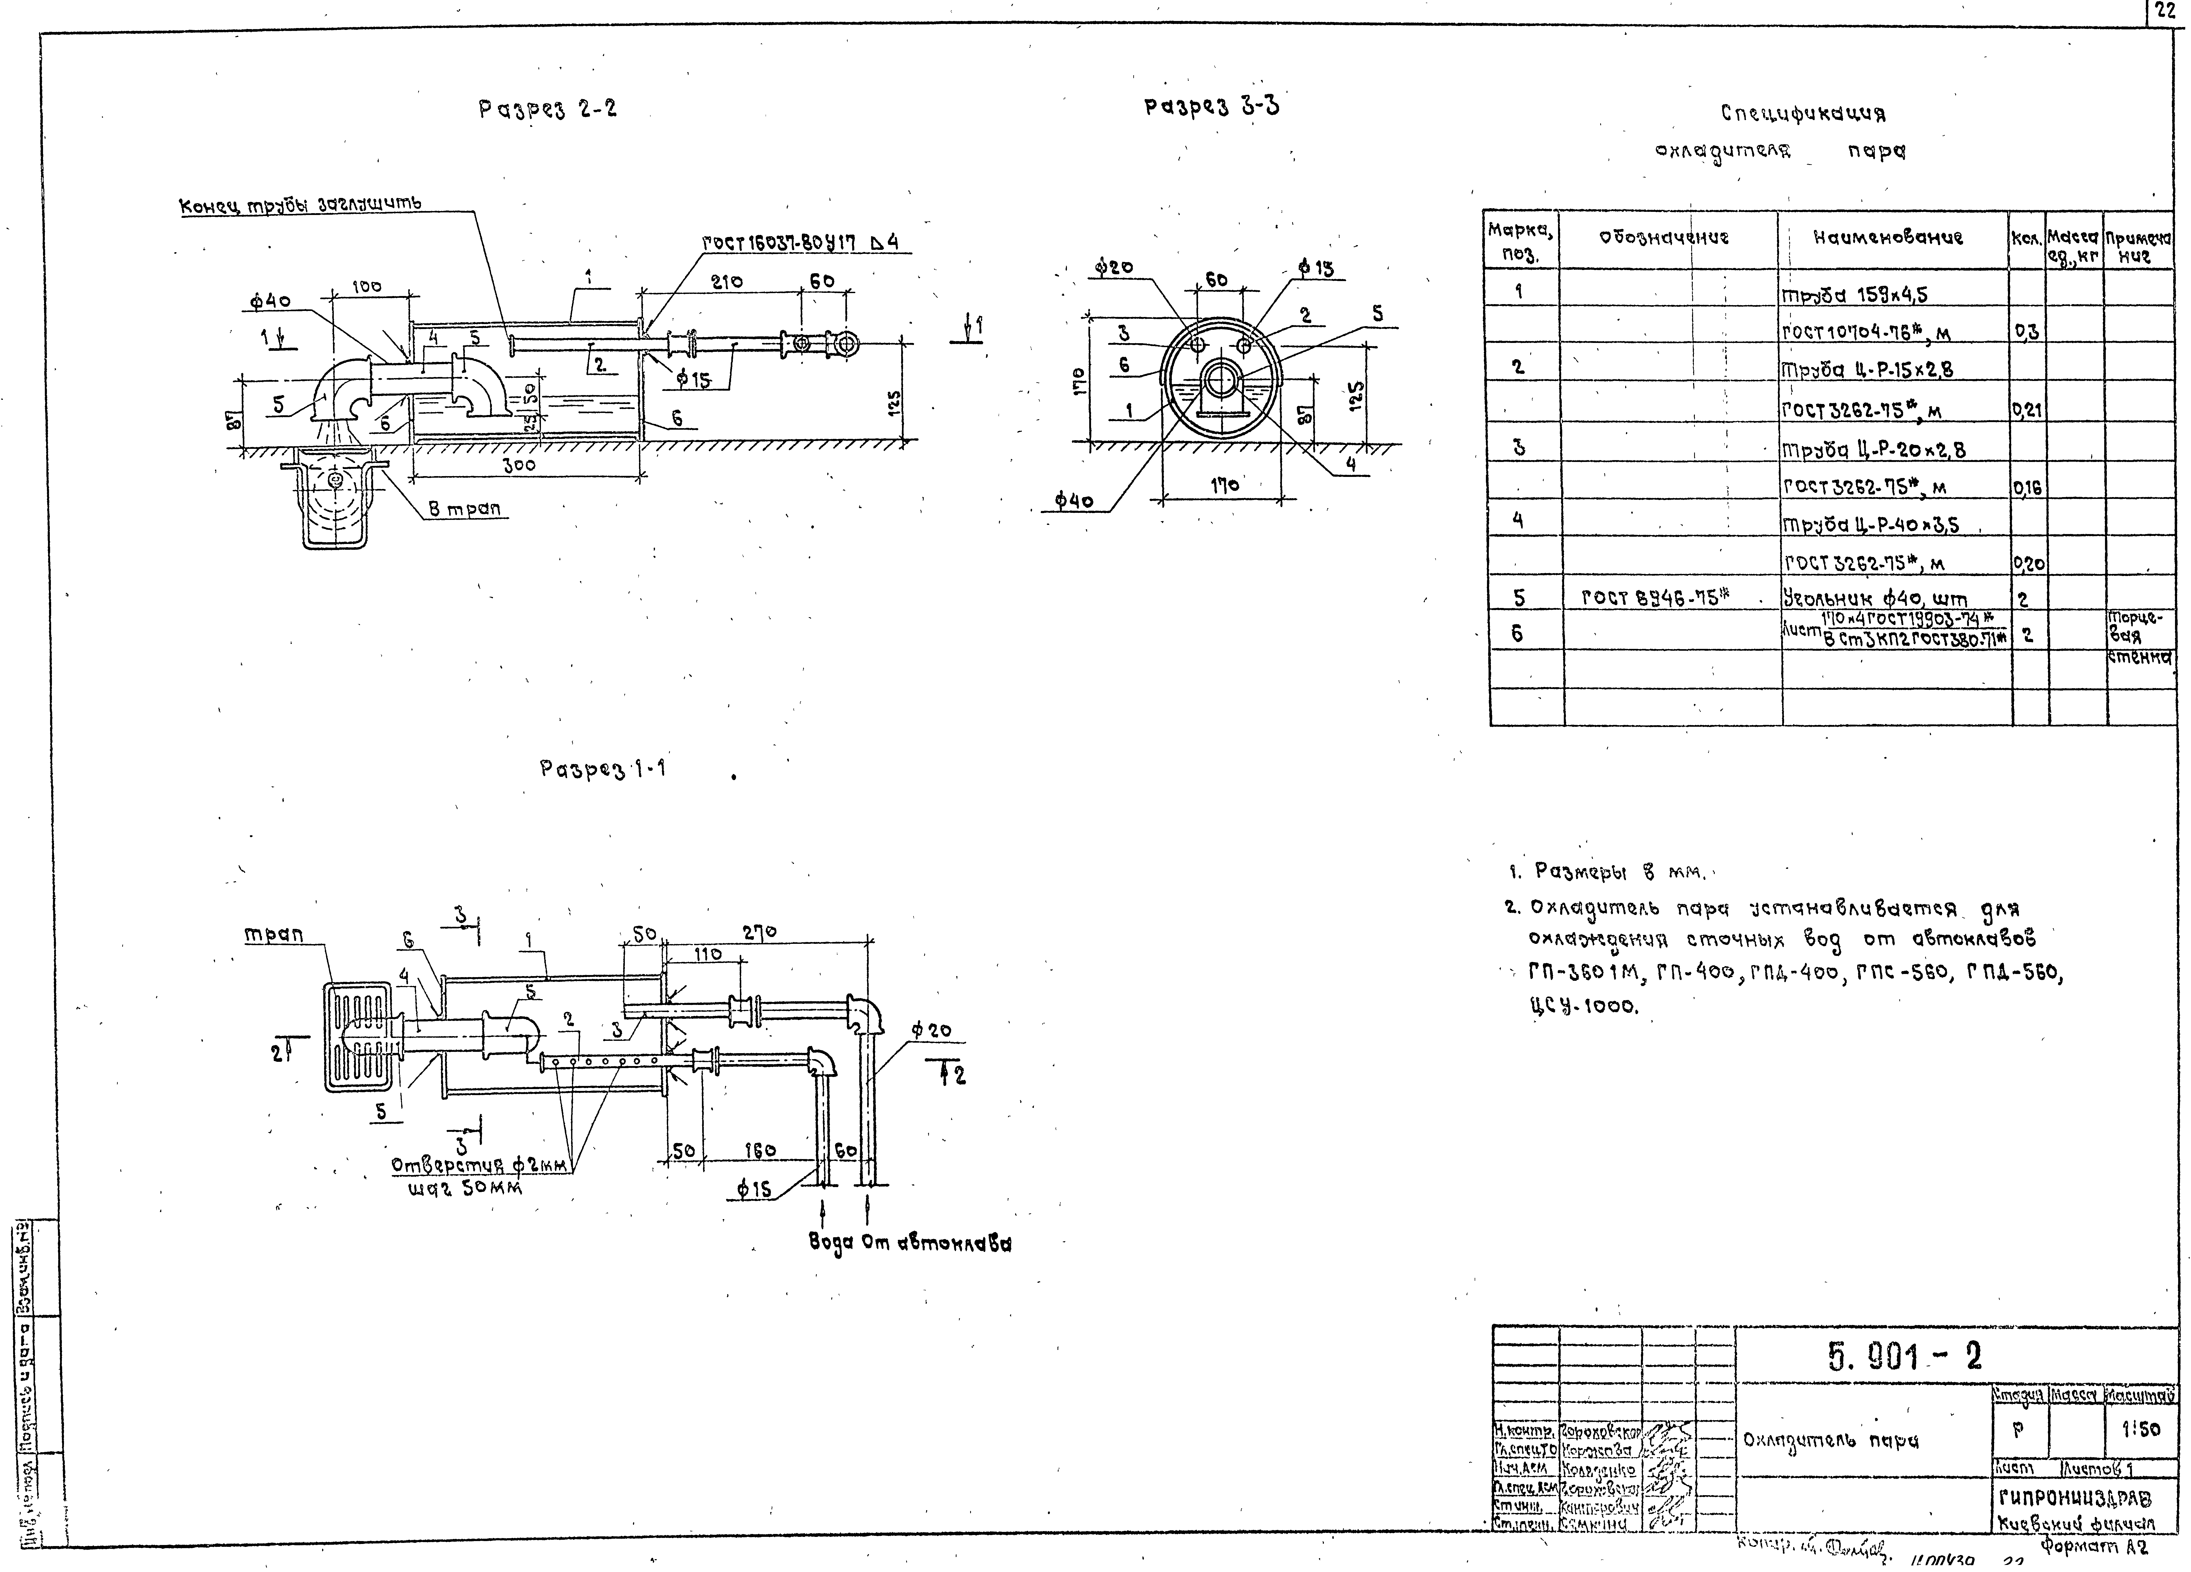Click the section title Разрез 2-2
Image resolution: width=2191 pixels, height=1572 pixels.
548,109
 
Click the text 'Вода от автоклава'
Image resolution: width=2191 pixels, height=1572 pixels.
910,1245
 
